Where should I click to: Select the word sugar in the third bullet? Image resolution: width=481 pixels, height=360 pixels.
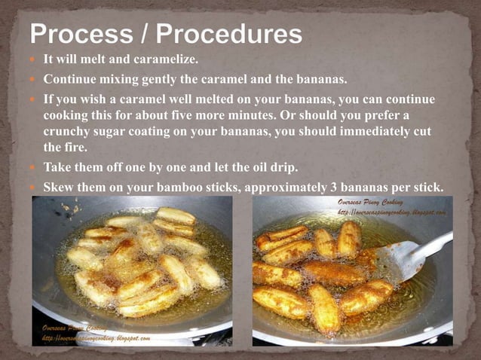115,132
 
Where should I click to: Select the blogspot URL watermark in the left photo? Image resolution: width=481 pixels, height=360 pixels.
97,338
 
